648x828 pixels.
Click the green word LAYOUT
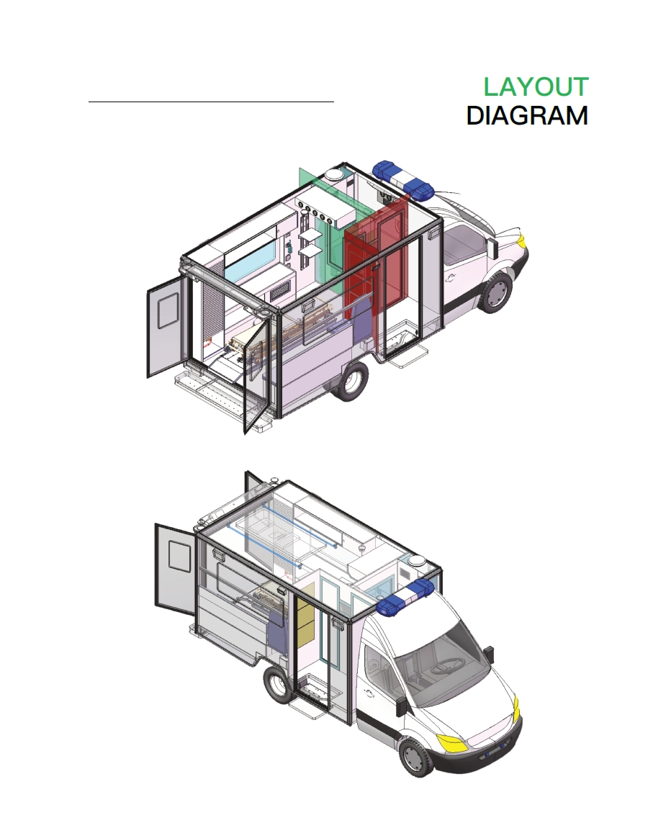click(536, 87)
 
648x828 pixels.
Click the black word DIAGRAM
click(527, 116)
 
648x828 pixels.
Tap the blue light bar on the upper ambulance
click(403, 180)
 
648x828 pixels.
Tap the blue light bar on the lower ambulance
click(407, 598)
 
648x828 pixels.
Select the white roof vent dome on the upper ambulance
click(335, 174)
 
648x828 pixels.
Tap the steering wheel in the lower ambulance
click(446, 666)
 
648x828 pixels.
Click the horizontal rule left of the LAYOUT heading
click(211, 102)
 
